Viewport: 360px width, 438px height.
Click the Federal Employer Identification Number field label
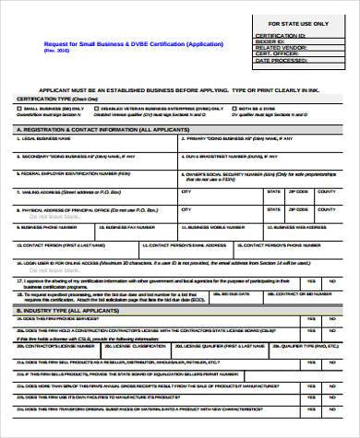(81, 172)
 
